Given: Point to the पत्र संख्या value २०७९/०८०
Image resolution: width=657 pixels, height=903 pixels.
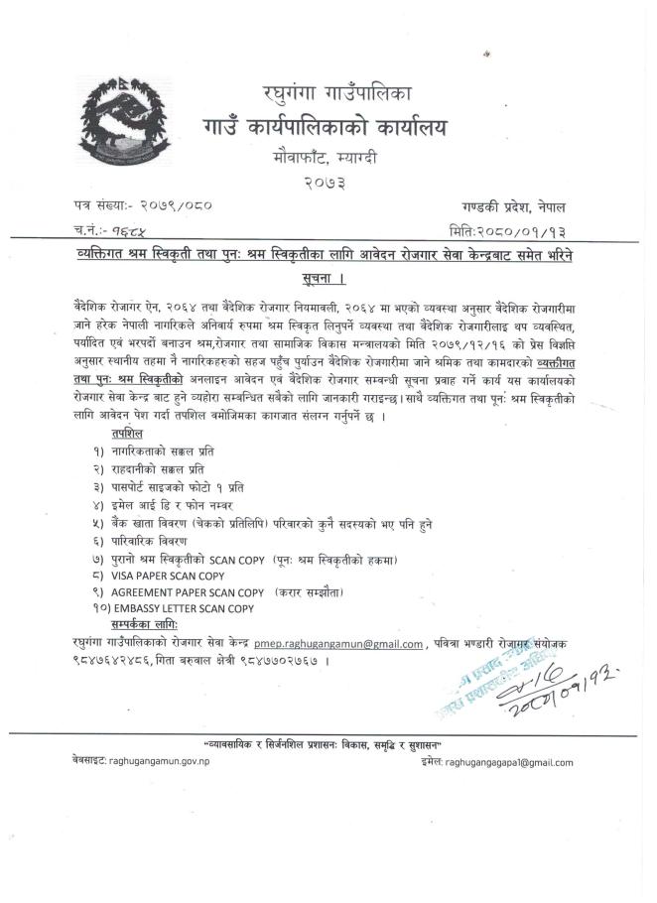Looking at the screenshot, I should (x=169, y=206).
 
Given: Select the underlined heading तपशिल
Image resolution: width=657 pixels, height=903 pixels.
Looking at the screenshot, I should (x=127, y=434).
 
